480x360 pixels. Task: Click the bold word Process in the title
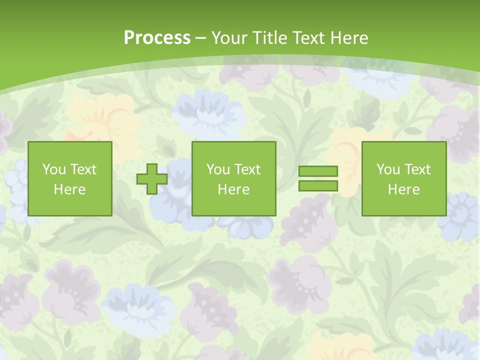[x=157, y=38]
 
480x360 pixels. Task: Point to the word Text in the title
[x=307, y=38]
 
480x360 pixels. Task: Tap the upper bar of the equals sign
[x=318, y=171]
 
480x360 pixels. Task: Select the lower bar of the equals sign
[x=318, y=186]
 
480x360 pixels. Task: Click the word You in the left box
[x=54, y=169]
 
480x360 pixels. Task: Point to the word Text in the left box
[x=83, y=169]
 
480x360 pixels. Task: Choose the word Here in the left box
[x=69, y=189]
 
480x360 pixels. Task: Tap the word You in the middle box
[x=218, y=169]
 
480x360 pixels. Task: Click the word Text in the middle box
[x=247, y=169]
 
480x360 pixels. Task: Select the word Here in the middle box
[x=233, y=189]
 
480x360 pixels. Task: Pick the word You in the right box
[x=388, y=169]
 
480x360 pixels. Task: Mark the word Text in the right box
[x=417, y=169]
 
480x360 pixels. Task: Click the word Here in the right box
[x=403, y=189]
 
